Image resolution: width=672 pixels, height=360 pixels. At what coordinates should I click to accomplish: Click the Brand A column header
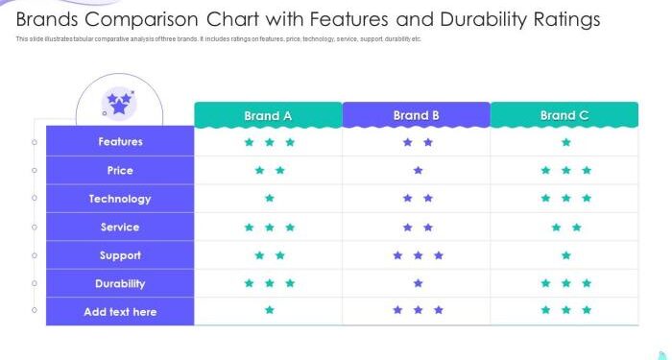coord(268,115)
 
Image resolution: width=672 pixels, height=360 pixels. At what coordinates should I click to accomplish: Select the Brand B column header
coord(416,115)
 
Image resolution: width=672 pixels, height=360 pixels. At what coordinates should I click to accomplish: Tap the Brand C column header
coord(564,115)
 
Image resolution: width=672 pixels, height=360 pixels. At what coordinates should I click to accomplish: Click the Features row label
coord(120,142)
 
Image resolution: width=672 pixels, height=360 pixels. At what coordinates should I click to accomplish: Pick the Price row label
coord(120,170)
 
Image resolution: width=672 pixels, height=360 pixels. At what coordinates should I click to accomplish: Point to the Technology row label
coord(120,199)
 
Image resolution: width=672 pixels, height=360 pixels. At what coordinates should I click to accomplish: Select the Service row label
coord(120,227)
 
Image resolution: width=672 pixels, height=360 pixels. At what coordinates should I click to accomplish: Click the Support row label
coord(120,255)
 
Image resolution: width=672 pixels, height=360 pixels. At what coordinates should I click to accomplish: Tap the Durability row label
coord(120,283)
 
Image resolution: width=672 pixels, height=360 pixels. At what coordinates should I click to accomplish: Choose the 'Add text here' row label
coord(120,312)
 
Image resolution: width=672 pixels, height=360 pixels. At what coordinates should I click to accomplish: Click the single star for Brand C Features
coord(566,142)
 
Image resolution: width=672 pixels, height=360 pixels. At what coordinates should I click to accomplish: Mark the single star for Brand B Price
coord(418,171)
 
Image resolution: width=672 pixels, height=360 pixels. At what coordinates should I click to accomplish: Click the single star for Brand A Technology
coord(270,199)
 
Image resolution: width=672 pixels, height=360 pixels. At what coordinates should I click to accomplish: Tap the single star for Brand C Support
coord(566,255)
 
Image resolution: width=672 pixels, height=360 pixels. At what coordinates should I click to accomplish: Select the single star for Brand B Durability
coord(418,283)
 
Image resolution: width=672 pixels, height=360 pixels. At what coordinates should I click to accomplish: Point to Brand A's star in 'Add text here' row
coord(270,310)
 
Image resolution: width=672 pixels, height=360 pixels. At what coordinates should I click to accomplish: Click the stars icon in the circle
coord(119,102)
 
